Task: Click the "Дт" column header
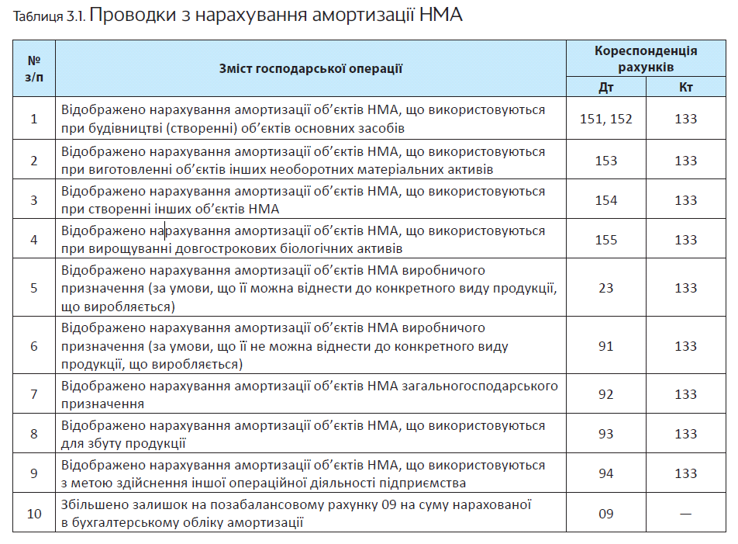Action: [606, 87]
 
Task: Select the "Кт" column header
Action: [685, 87]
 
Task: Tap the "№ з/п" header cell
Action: [34, 68]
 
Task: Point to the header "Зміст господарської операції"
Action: [311, 69]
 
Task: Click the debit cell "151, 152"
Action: [606, 119]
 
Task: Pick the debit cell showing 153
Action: [606, 161]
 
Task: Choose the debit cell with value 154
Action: [606, 200]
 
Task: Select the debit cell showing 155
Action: [606, 240]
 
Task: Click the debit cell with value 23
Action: [606, 288]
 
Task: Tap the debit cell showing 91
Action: [606, 346]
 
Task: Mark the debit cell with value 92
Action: [606, 394]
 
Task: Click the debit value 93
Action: [606, 434]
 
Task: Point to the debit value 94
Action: [606, 473]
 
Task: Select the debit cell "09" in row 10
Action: [606, 514]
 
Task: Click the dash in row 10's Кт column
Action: [685, 514]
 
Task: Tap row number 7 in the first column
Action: [34, 394]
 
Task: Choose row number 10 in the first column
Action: [34, 514]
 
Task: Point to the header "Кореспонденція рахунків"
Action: [646, 59]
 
